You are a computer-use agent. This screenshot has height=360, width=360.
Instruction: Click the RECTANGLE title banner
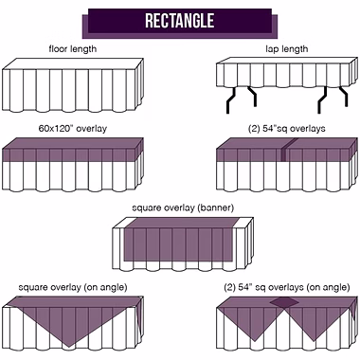[x=180, y=22]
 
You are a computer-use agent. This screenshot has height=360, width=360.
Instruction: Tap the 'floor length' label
[x=73, y=49]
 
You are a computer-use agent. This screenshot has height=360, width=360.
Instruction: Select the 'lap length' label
[x=287, y=49]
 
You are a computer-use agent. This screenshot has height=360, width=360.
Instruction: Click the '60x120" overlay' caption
[x=73, y=129]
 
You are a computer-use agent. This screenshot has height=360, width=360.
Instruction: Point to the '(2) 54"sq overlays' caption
[x=287, y=129]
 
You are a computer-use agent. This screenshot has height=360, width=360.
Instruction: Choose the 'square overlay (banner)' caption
[x=183, y=208]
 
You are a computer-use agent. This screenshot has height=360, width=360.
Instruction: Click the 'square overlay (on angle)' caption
[x=73, y=288]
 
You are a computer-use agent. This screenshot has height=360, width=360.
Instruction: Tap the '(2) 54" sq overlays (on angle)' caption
[x=287, y=288]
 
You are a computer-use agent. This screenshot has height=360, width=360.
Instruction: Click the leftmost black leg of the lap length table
[x=231, y=100]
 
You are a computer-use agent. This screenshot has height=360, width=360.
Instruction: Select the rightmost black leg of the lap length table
[x=344, y=97]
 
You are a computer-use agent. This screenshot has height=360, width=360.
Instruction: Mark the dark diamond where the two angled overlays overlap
[x=284, y=302]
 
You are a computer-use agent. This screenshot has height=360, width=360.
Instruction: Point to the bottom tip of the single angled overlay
[x=68, y=347]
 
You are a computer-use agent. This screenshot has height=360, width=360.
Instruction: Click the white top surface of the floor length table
[x=73, y=63]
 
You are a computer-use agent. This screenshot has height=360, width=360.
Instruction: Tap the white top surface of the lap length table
[x=287, y=61]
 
